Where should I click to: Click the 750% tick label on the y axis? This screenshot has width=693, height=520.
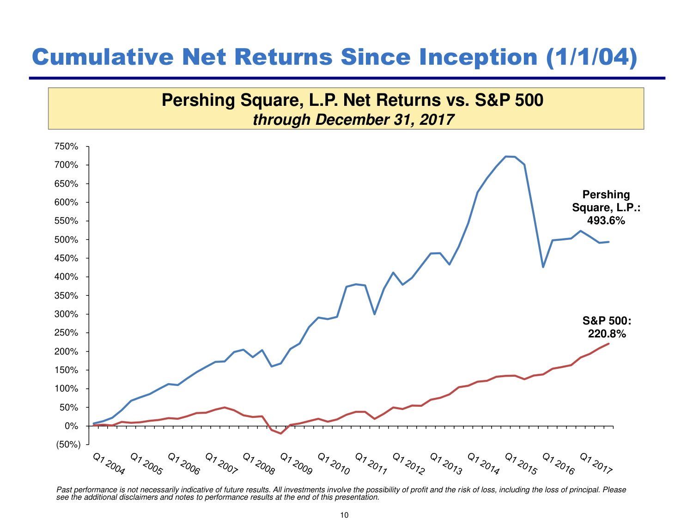click(67, 147)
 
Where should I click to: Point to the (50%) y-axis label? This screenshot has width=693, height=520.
click(68, 445)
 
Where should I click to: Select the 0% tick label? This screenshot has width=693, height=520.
click(71, 426)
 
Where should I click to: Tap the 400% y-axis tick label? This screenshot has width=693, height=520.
click(67, 277)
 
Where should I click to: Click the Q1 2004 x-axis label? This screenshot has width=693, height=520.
click(109, 464)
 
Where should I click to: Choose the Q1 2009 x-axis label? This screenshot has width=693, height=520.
click(296, 464)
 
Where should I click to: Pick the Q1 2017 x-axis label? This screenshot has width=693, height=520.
click(596, 464)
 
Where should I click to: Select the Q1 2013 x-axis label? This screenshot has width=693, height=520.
click(446, 464)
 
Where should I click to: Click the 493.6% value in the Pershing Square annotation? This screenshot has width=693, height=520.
click(606, 220)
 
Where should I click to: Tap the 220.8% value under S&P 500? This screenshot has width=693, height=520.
click(607, 334)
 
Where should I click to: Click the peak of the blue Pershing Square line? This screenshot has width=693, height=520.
click(506, 156)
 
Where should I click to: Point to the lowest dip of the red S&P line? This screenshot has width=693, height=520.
click(280, 433)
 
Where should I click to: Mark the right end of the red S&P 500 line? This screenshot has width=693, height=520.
click(608, 343)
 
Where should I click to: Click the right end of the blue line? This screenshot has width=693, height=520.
click(608, 242)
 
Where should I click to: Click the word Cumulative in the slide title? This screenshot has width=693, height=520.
click(103, 57)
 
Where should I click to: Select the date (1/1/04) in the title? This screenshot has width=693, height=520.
click(592, 57)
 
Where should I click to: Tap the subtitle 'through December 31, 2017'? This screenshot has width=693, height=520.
click(353, 120)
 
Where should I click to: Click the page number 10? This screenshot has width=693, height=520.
click(344, 515)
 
